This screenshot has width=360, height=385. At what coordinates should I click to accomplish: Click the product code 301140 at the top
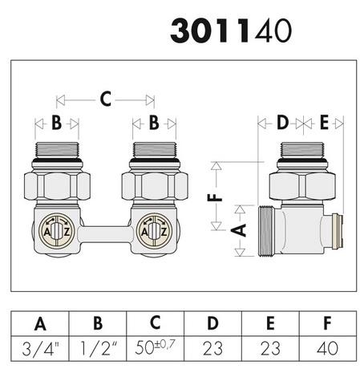click(231, 30)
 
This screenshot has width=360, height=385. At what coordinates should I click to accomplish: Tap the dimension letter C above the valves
click(106, 99)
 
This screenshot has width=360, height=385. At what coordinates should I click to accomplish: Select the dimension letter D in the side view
click(283, 123)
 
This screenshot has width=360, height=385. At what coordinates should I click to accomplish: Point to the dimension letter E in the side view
click(324, 123)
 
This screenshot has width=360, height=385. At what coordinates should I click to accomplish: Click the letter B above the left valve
click(56, 123)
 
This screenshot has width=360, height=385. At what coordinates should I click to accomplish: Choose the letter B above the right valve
click(154, 123)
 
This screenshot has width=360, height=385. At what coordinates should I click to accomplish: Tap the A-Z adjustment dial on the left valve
click(56, 231)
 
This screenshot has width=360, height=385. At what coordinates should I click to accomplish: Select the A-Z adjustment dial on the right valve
click(154, 231)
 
